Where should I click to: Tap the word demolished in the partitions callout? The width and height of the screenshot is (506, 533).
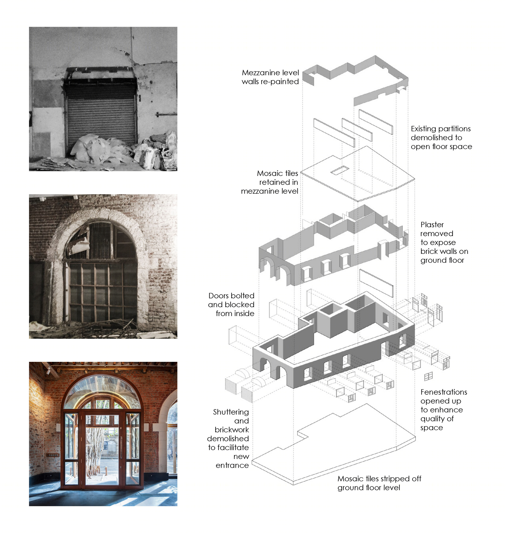[436, 138]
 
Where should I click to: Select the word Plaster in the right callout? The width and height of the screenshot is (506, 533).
[432, 225]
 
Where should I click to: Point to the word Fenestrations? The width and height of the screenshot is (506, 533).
[444, 392]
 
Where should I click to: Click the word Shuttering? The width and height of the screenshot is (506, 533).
[231, 412]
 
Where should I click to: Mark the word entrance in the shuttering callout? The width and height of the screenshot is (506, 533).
[232, 465]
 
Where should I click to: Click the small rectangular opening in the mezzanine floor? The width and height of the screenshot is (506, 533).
[340, 170]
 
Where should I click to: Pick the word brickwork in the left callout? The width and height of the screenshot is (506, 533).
[232, 430]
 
